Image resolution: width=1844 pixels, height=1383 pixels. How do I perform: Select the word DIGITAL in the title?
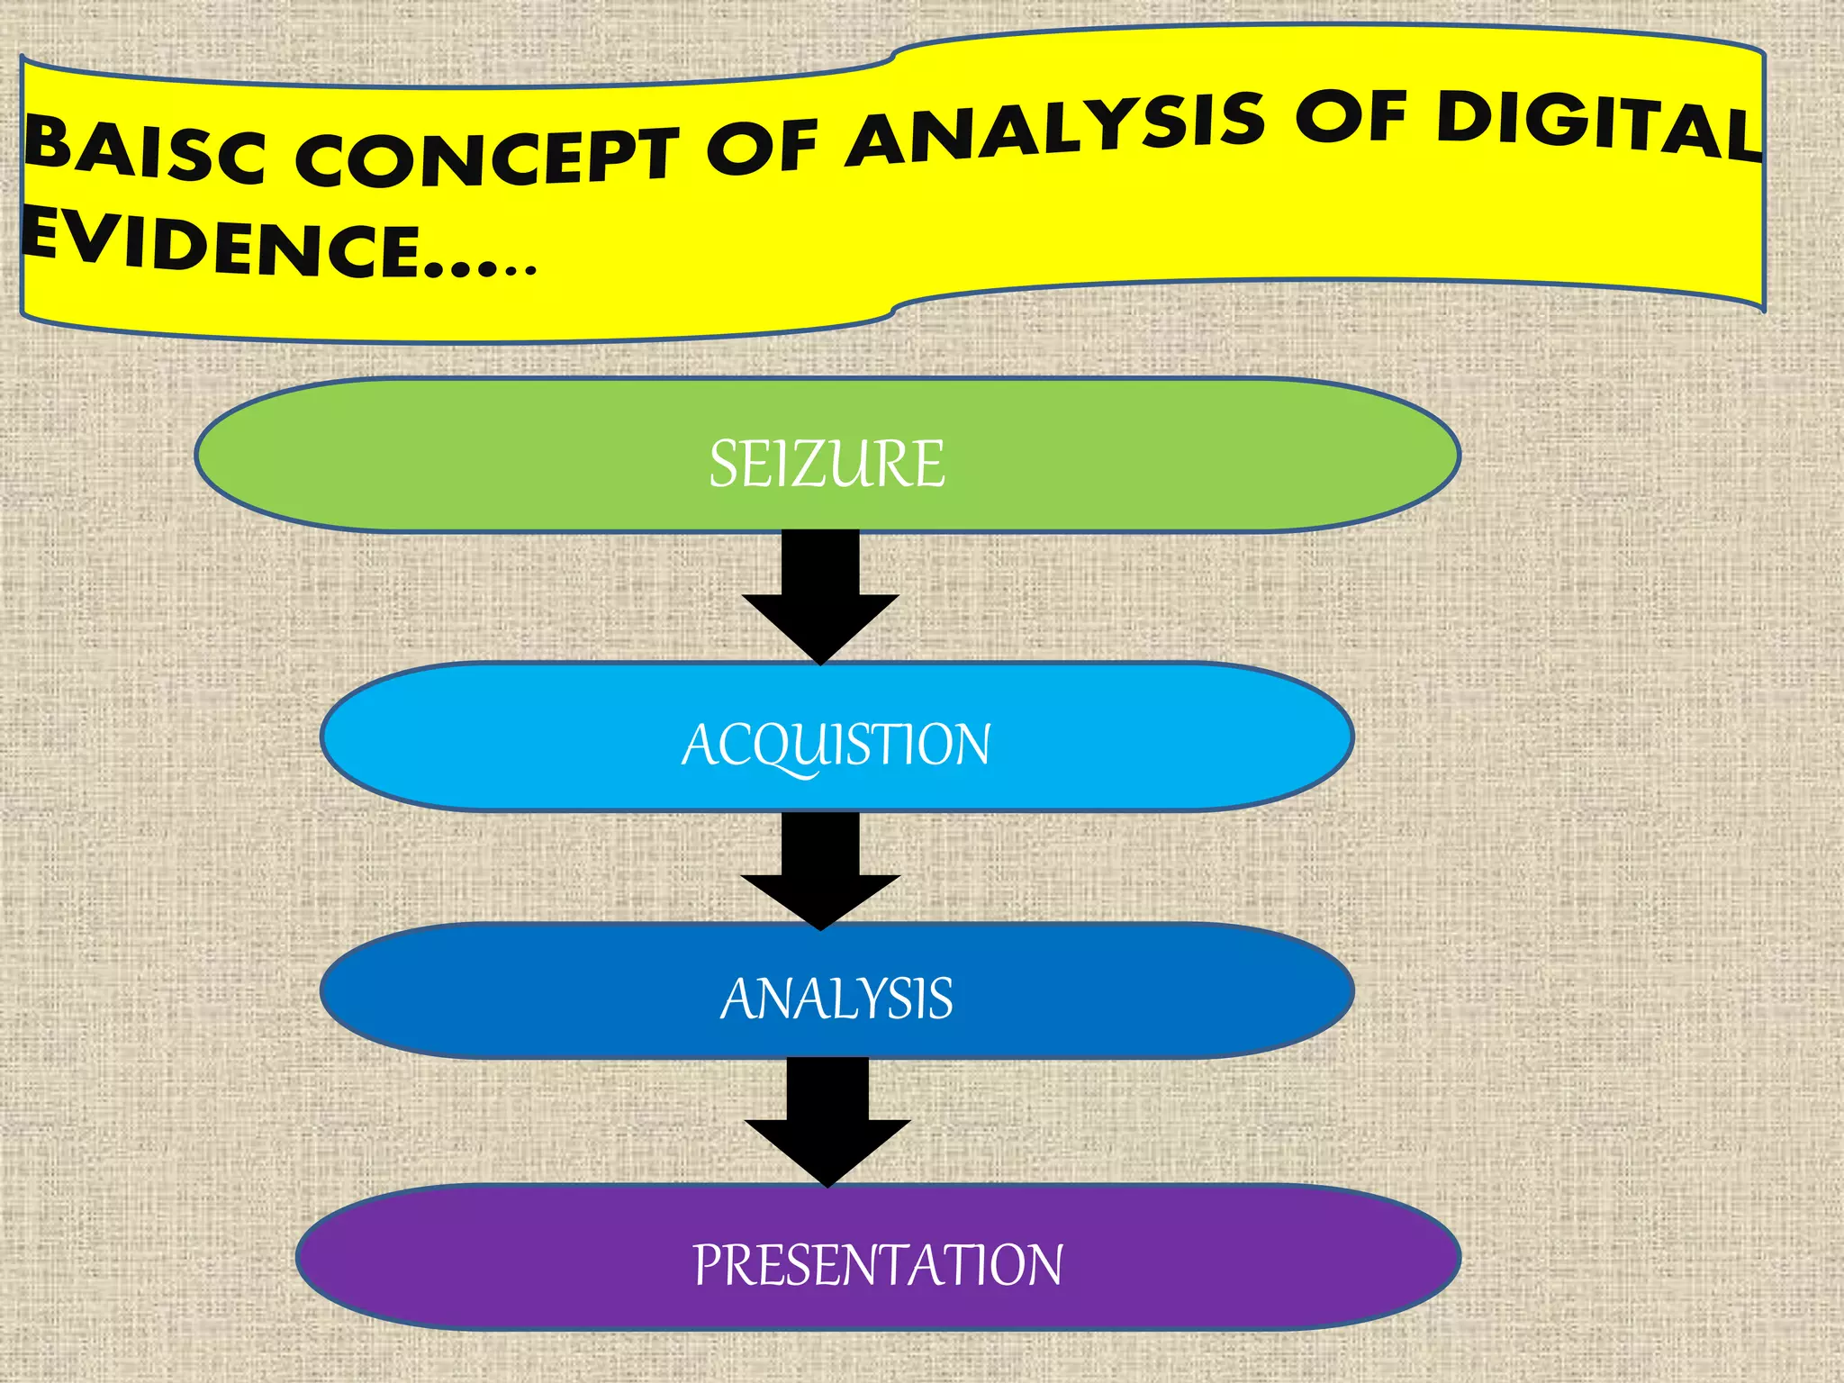[x=1598, y=128]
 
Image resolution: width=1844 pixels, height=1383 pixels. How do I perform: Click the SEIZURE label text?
[x=827, y=464]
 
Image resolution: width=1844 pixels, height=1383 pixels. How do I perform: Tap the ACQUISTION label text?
[x=836, y=746]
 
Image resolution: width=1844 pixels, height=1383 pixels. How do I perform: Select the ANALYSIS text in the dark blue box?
[x=836, y=999]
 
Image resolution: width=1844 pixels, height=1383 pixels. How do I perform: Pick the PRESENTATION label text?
[x=878, y=1264]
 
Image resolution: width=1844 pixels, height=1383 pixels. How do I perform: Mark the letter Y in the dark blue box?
[x=872, y=999]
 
